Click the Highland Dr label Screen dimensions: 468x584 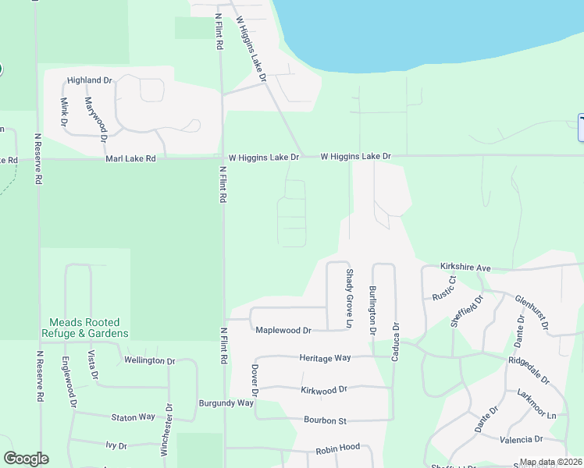(90, 80)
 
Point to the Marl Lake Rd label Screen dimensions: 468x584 (130, 158)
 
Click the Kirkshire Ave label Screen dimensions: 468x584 (465, 268)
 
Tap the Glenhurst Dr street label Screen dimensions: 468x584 (532, 311)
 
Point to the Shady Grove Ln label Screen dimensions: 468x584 (350, 298)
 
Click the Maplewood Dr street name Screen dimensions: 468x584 (283, 331)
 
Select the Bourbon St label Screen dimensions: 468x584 (325, 421)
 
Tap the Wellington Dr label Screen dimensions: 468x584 (149, 361)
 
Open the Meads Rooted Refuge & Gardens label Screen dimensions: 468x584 (84, 328)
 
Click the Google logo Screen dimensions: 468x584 (26, 459)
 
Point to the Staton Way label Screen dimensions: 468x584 (133, 417)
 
